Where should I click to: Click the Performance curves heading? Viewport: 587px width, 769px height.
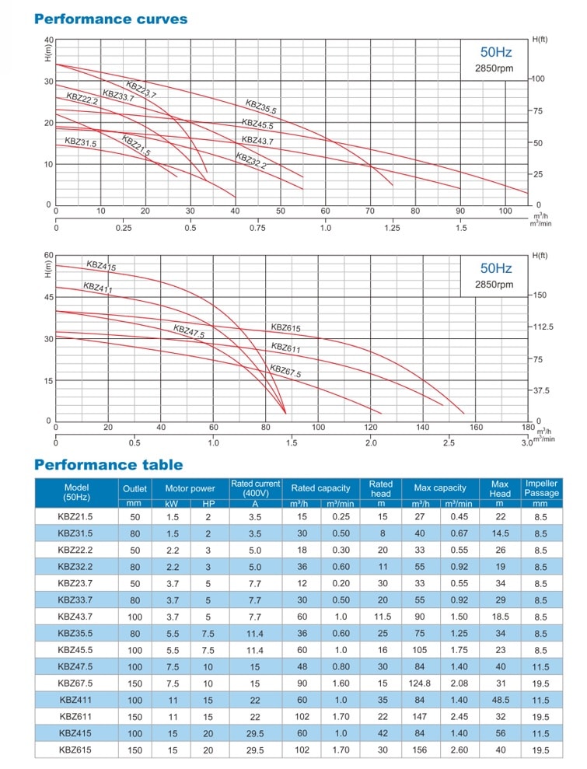coord(111,19)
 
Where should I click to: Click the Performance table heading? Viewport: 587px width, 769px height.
coord(108,465)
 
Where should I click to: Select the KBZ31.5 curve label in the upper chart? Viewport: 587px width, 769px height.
coord(81,142)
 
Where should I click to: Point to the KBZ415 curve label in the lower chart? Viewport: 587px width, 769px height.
coord(101,267)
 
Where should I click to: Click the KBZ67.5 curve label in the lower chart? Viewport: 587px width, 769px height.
coord(285,371)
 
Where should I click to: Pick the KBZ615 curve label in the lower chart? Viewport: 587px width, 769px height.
coord(285,328)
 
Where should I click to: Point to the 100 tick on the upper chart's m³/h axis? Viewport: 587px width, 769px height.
coord(505,211)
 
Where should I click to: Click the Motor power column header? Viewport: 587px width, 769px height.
coord(190,488)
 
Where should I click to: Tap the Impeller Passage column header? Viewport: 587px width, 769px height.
coord(541,488)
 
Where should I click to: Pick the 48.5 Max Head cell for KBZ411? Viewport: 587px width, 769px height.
coord(499,700)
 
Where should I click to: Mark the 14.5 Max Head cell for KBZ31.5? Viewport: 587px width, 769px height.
coord(499,533)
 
